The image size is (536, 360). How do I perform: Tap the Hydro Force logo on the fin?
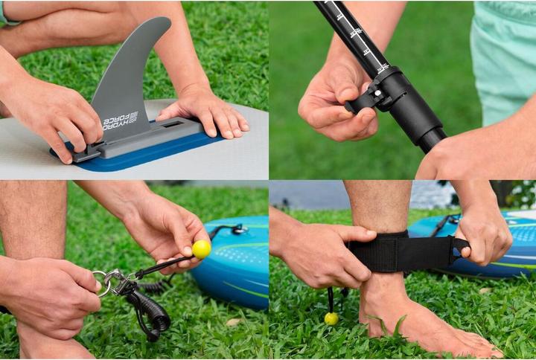(x=120, y=120)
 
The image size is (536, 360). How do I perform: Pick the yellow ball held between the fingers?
(x=201, y=248)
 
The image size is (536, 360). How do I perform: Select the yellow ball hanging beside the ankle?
(x=331, y=318)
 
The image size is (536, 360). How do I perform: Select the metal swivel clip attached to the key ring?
(x=121, y=285)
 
